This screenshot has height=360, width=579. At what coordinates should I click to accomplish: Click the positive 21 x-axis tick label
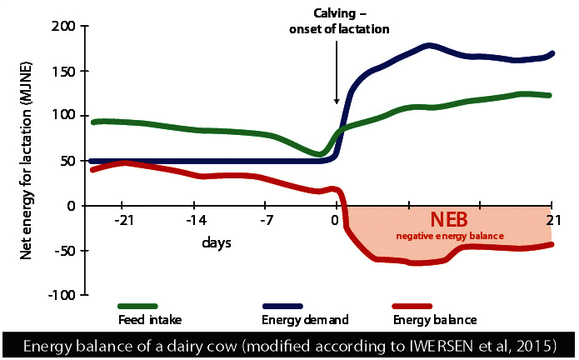coord(551,219)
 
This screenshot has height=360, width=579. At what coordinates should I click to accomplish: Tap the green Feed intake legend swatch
coord(138,307)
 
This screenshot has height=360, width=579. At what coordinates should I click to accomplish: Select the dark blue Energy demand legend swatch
coord(282,307)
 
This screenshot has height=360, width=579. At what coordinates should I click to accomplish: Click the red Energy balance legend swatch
coord(409,307)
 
